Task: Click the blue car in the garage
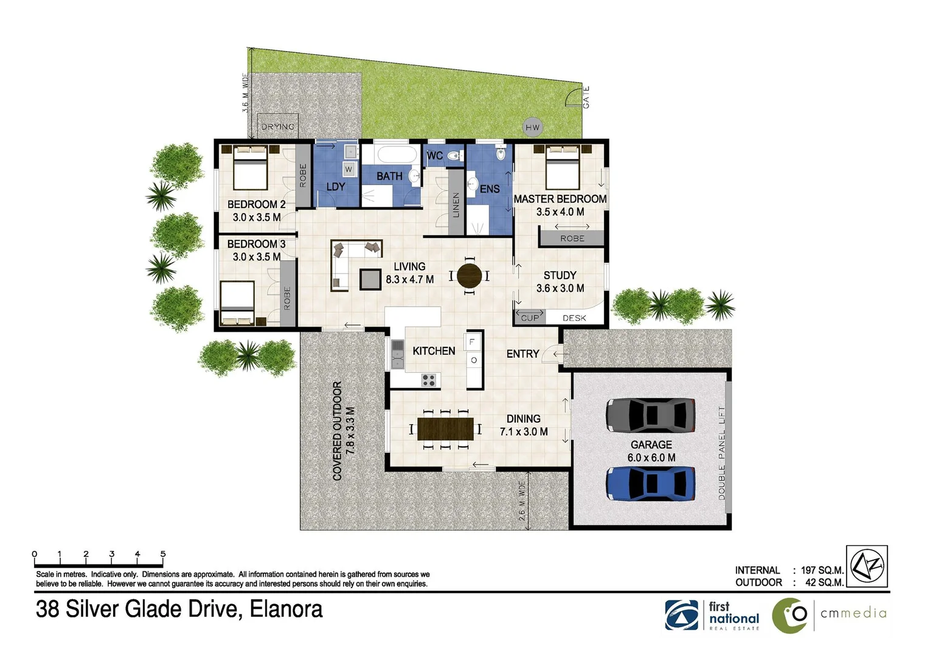pos(650,484)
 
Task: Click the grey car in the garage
pos(650,415)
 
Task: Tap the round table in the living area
pos(469,276)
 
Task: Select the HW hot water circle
pos(532,127)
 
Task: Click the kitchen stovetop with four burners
pos(428,380)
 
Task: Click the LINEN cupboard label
pos(456,205)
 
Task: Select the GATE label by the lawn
pos(586,97)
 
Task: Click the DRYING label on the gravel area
pos(277,127)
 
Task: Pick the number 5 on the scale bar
pos(163,554)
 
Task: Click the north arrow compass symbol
pos(867,566)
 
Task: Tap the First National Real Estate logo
pos(712,615)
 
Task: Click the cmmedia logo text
pos(853,613)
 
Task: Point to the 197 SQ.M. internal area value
pos(822,570)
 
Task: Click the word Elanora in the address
pos(286,609)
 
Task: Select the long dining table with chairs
pos(445,429)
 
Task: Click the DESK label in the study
pos(574,318)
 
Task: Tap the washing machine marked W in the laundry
pos(349,169)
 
